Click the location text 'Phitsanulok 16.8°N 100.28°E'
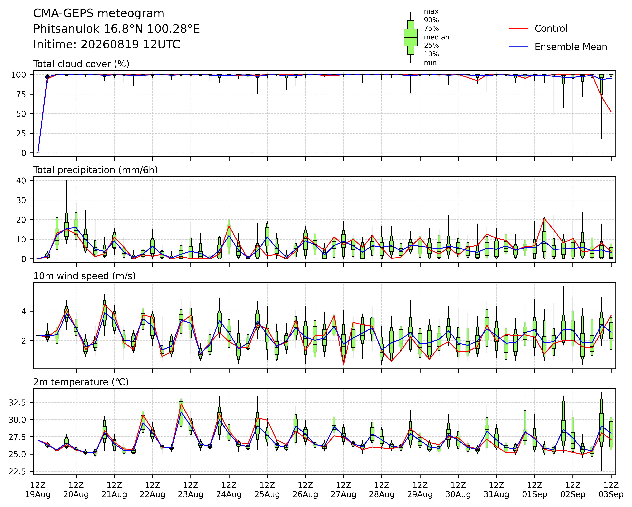(x=117, y=29)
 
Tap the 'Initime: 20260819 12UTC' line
(x=107, y=45)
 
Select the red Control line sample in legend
(x=518, y=29)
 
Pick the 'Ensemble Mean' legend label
(x=571, y=47)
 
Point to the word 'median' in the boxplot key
(x=437, y=37)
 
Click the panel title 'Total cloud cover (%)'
(x=81, y=64)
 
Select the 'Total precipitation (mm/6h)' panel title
(x=96, y=170)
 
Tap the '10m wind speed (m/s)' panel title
(x=84, y=276)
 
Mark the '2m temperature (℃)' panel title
(x=81, y=382)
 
